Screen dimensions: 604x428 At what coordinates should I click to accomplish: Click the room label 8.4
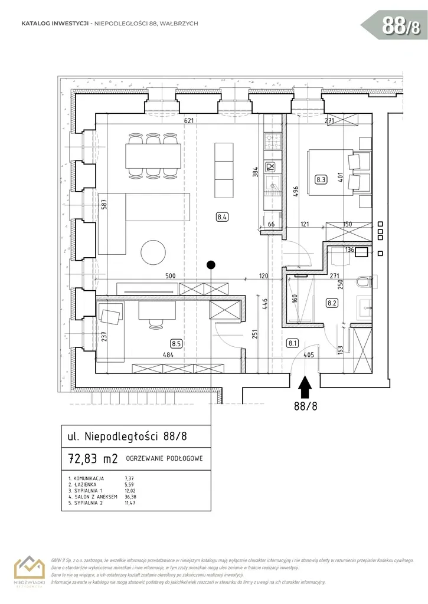[x=223, y=216]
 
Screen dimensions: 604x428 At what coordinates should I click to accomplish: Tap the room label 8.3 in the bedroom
[x=321, y=180]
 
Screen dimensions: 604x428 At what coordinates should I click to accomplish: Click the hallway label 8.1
[x=293, y=342]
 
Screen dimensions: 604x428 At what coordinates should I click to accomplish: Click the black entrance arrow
[x=305, y=388]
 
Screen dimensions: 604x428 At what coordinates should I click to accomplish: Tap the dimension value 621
[x=189, y=120]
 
